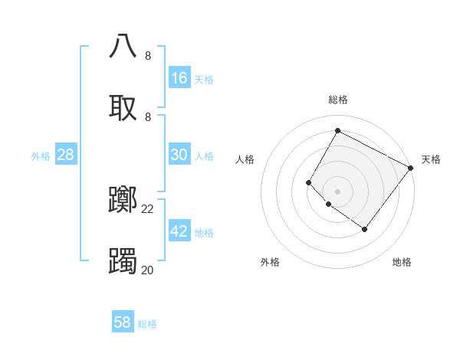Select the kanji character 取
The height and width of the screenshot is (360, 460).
tap(123, 107)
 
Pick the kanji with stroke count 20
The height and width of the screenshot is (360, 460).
tap(123, 262)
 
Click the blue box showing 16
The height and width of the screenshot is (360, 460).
tap(179, 78)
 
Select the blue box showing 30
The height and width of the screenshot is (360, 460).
tap(179, 155)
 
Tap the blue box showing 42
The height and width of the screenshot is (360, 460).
tap(179, 231)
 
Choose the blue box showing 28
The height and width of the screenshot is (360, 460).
tap(66, 155)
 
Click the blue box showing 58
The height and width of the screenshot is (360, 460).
tap(123, 322)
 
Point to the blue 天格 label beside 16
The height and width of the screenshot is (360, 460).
tap(204, 79)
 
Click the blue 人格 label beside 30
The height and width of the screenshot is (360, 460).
tap(204, 155)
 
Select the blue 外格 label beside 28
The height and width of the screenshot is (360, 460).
tap(41, 155)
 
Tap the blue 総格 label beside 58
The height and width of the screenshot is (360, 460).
tap(147, 324)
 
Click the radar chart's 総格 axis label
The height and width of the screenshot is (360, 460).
tap(337, 100)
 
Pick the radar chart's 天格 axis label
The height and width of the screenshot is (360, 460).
tap(431, 159)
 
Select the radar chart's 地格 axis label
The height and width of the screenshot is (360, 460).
tap(402, 262)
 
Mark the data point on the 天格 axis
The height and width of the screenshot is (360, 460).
tap(410, 168)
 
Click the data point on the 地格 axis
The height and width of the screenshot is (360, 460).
tap(364, 229)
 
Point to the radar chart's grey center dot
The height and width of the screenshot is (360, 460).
tap(337, 191)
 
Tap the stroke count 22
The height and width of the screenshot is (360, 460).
tap(148, 208)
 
